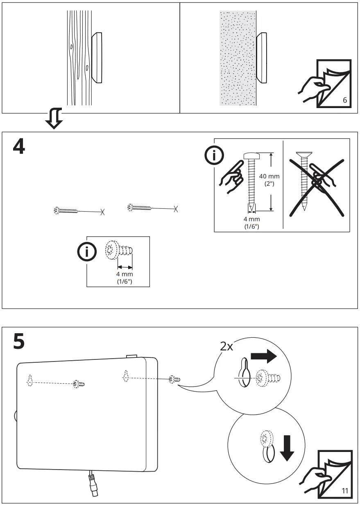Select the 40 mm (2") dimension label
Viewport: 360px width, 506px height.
[x=269, y=179]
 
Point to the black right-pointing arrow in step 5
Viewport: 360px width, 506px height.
[x=264, y=356]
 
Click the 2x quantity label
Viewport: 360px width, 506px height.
[x=227, y=346]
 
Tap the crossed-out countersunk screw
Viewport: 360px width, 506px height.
[x=304, y=180]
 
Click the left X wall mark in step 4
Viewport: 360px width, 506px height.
[x=102, y=212]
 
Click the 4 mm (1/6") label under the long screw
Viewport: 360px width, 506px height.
[x=251, y=222]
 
